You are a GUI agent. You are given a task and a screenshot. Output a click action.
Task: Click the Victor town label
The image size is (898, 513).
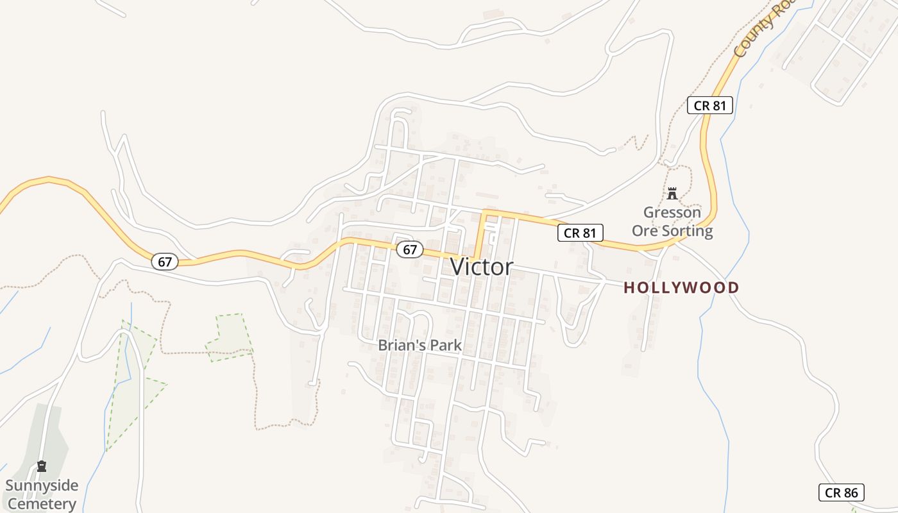coord(482,267)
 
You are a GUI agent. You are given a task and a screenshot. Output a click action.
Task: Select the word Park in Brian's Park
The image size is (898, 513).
coord(445,345)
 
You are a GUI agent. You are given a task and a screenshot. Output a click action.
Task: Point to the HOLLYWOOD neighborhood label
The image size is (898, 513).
coord(681,288)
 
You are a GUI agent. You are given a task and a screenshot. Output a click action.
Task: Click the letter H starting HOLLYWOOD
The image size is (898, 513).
coord(629,288)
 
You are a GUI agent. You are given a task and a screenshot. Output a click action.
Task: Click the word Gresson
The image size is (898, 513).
coord(672,212)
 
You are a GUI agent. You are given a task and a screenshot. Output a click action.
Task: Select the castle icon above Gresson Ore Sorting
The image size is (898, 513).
coord(672,193)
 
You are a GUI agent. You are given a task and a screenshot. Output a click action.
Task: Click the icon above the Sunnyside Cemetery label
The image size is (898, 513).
coord(42,466)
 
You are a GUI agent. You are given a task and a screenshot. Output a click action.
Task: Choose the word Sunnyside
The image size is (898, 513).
coord(42,485)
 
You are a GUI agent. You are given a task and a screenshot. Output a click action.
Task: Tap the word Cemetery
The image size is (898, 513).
coord(42,504)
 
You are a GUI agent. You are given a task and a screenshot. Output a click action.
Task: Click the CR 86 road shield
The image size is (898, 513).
coord(842,492)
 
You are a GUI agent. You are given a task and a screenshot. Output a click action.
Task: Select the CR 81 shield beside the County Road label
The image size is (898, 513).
coord(709,105)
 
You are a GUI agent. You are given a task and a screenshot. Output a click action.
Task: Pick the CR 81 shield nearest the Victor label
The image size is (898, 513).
coord(580,233)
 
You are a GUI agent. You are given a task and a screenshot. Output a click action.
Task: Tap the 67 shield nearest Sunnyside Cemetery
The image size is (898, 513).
coord(165,262)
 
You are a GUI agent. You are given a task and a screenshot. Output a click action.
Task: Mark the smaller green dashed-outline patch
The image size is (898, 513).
coord(230,337)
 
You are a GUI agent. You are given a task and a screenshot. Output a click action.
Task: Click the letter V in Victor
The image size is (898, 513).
coord(458,267)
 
